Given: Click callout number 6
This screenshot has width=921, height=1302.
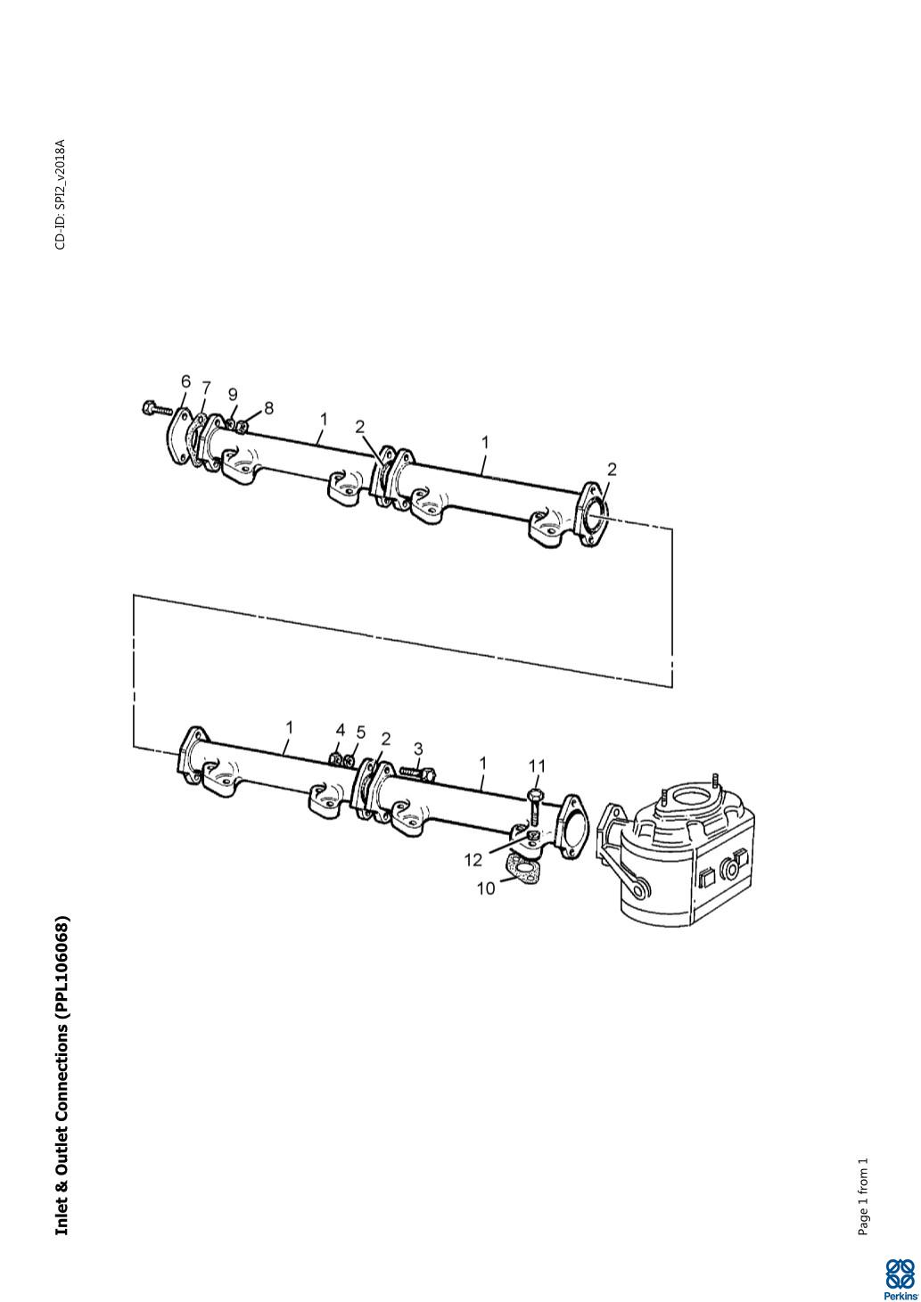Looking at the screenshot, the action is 185,382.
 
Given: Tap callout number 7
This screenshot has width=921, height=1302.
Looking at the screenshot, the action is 207,387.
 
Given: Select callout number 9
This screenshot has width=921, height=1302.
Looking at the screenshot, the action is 233,395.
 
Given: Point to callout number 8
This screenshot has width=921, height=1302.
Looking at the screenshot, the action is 268,408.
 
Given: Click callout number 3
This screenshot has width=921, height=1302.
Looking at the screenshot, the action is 418,749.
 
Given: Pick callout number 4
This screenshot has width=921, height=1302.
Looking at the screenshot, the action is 341,730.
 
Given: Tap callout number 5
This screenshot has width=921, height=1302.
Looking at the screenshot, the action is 361,733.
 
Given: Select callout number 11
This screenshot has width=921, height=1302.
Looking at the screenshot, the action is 537,766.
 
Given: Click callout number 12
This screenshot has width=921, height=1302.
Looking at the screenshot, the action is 473,860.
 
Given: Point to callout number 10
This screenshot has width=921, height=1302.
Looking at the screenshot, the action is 486,888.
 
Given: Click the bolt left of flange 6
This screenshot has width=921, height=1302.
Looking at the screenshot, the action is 156,409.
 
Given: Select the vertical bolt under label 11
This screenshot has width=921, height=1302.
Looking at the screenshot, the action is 535,807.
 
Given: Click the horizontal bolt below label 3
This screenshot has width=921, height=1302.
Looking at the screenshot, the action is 418,773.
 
